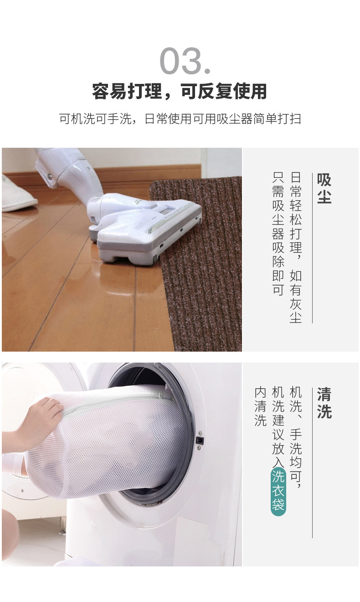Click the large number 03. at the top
pyautogui.click(x=185, y=62)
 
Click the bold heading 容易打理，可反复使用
pyautogui.click(x=180, y=92)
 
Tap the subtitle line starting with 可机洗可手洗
pyautogui.click(x=180, y=119)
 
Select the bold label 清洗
pyautogui.click(x=324, y=403)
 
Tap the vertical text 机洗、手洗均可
pyautogui.click(x=296, y=437)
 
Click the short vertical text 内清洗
pyautogui.click(x=260, y=406)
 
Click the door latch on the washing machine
pyautogui.click(x=199, y=440)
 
